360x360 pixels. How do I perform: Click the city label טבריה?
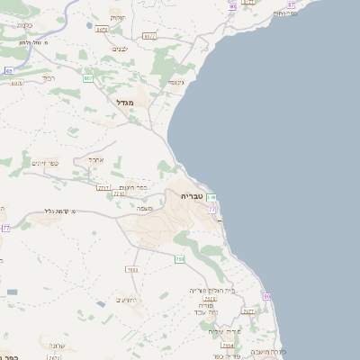[193, 195]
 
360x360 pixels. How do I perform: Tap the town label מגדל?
[124, 103]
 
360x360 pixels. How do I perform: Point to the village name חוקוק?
[117, 17]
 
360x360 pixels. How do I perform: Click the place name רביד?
[49, 78]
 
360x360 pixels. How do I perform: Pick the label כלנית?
[25, 25]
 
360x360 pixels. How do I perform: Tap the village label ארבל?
[96, 159]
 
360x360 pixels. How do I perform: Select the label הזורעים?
[125, 300]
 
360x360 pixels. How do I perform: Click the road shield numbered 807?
[88, 78]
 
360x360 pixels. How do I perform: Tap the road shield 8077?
[148, 37]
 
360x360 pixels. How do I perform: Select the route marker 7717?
[104, 187]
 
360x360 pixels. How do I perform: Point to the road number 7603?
[132, 269]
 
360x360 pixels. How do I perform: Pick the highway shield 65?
[8, 70]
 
